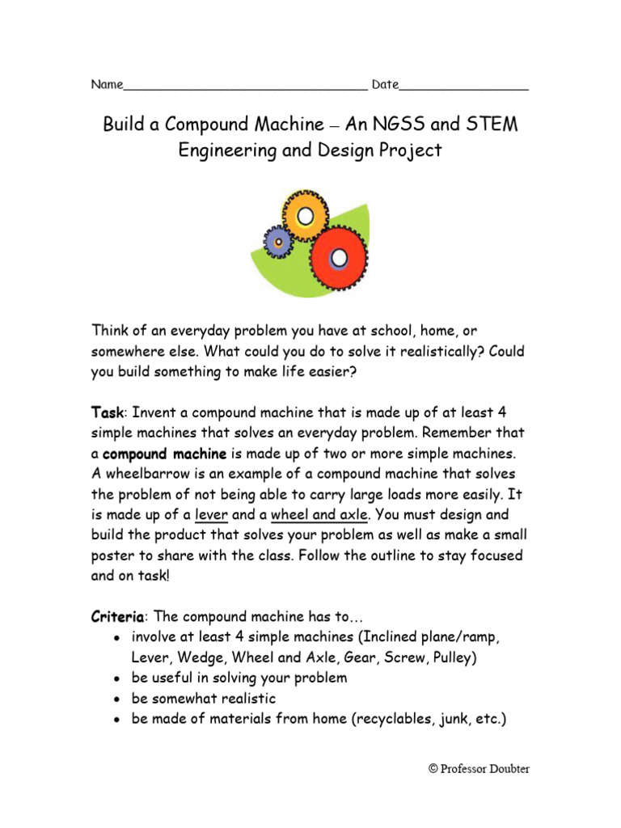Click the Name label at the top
106,85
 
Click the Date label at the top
385,85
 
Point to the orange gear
304,216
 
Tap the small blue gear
279,240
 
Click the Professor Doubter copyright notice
479,770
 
